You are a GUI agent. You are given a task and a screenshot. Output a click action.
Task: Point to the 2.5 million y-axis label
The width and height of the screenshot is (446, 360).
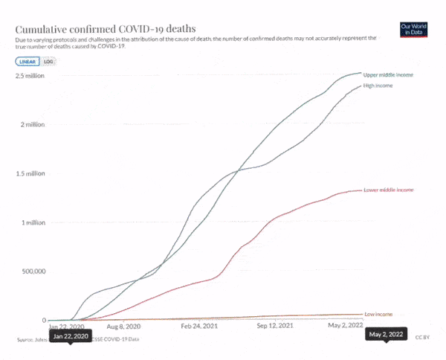30,76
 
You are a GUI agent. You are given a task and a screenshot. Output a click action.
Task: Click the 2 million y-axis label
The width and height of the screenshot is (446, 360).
33,124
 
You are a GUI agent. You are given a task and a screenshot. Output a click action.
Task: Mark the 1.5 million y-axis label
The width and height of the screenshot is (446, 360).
30,173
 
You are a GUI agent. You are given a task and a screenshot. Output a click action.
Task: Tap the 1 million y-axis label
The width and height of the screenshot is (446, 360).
33,222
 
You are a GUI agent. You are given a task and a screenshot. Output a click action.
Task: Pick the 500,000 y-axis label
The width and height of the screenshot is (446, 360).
32,271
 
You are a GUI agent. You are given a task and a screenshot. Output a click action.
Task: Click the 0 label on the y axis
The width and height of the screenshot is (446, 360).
43,320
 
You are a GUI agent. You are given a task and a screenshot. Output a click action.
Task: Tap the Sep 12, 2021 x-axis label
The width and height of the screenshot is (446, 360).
278,327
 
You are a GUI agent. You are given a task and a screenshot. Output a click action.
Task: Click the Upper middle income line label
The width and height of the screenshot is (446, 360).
387,76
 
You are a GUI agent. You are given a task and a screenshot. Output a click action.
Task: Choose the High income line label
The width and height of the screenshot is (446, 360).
378,86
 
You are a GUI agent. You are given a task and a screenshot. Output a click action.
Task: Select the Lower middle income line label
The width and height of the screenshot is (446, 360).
388,190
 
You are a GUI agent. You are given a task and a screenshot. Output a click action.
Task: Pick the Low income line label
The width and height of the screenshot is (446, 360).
378,315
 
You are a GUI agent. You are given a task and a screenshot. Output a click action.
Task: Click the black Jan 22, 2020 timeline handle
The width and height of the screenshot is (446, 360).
71,336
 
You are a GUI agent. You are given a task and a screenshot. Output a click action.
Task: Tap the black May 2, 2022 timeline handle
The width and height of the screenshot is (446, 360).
387,335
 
